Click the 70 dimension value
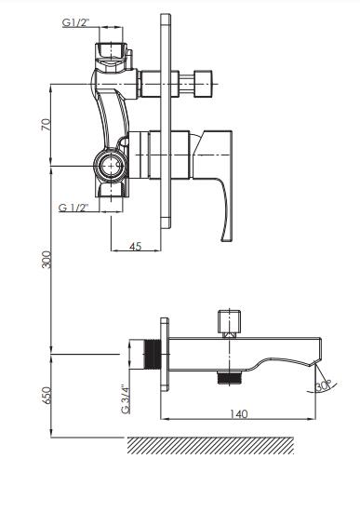click(x=47, y=125)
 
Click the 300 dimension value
click(x=47, y=260)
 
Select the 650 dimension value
click(x=47, y=396)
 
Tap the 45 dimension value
click(x=136, y=246)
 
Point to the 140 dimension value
click(x=238, y=414)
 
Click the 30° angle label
click(x=323, y=385)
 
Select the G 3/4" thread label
click(x=126, y=398)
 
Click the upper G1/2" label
click(x=76, y=23)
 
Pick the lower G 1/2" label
click(x=73, y=208)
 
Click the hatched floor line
click(x=210, y=445)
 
